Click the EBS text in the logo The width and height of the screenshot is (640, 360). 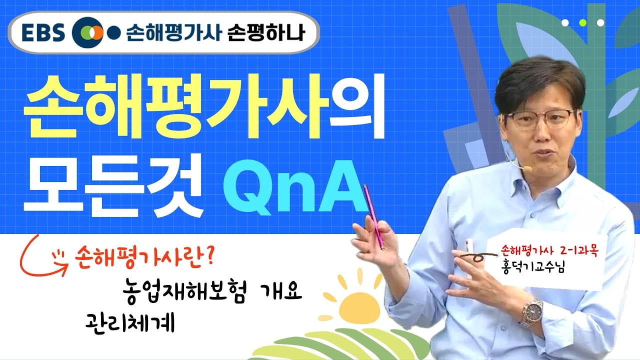click(x=43, y=32)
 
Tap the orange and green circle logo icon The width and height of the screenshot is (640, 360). click(x=86, y=33)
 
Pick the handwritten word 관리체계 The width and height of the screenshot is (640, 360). click(x=129, y=323)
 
